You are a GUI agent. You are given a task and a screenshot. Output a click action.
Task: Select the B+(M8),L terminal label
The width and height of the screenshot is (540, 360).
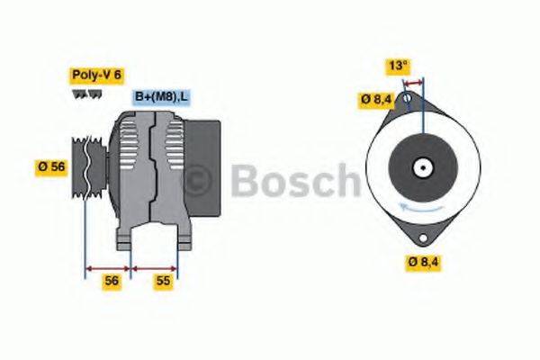(x=162, y=96)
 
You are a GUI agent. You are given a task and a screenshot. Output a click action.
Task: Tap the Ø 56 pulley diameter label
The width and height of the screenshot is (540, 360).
(x=49, y=167)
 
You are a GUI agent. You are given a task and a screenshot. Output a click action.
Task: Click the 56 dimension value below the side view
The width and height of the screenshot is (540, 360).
(x=111, y=282)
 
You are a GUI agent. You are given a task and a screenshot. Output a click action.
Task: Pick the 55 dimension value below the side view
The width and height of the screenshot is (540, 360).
(x=164, y=282)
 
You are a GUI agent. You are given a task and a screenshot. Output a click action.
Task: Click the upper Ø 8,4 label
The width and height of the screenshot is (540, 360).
(x=377, y=99)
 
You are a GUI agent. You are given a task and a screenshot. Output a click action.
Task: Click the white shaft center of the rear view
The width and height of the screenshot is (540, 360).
(x=420, y=167)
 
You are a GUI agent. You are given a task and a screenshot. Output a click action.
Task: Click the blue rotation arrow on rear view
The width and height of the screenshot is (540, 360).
(x=418, y=209)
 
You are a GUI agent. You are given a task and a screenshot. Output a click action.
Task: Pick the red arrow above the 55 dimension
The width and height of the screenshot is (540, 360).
(x=155, y=268)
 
